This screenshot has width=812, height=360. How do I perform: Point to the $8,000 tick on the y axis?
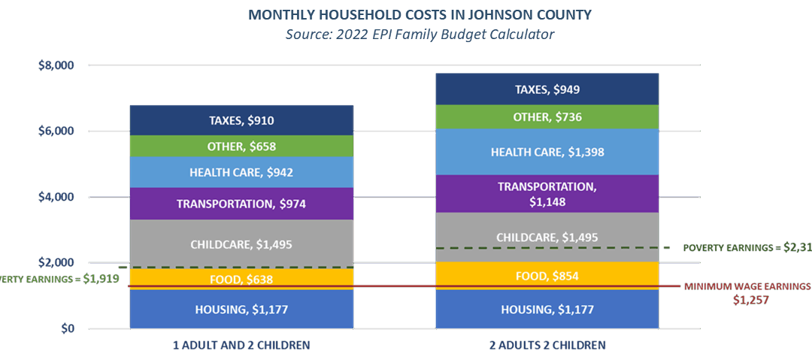tap(56, 65)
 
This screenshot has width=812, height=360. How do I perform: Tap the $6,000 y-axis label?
tap(56, 131)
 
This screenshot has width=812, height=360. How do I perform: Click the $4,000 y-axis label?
tap(56, 197)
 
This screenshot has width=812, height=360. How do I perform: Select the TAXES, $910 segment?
tap(241, 120)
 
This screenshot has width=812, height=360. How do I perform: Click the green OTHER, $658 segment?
tap(241, 146)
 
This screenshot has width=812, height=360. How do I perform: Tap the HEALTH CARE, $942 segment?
tap(241, 172)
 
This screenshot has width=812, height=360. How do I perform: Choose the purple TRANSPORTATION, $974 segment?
tap(241, 204)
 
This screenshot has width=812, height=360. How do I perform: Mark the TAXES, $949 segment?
tap(547, 89)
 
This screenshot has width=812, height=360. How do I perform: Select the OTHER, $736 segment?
tap(547, 116)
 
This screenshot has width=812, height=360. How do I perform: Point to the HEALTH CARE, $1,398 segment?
tap(547, 152)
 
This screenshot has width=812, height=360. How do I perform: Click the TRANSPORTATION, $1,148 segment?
tap(547, 194)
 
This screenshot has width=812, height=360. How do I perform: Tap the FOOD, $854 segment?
tap(547, 275)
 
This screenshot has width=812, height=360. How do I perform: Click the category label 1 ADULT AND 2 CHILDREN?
tap(241, 344)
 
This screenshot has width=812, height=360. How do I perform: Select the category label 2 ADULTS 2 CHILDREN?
tap(547, 344)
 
